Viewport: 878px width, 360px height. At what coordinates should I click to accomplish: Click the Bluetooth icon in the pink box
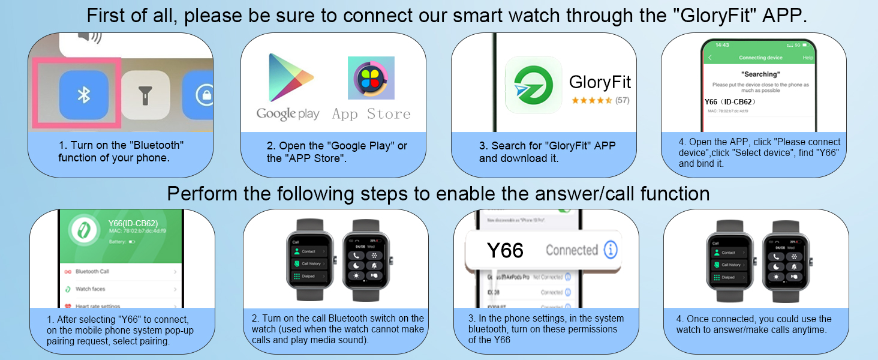click(x=84, y=95)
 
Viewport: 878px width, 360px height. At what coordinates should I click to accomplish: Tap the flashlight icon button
click(x=145, y=95)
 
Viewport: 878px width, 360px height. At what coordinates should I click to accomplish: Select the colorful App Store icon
click(x=371, y=78)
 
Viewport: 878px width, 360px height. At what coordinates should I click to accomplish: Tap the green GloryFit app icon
click(x=533, y=85)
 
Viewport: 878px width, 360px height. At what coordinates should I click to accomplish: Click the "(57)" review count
click(x=623, y=100)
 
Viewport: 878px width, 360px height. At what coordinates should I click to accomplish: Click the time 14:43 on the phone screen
click(x=722, y=46)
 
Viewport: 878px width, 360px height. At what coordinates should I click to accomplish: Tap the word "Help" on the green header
click(x=808, y=58)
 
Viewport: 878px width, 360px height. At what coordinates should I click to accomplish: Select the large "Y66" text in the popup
click(x=505, y=250)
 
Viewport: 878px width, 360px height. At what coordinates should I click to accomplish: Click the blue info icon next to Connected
click(x=610, y=250)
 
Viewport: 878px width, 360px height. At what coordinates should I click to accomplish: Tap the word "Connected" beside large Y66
click(x=572, y=250)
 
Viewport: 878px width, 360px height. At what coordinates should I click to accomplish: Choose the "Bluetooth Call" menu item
click(x=92, y=272)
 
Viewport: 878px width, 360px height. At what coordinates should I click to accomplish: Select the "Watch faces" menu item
click(x=91, y=289)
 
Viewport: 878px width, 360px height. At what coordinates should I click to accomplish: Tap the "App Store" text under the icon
click(x=371, y=114)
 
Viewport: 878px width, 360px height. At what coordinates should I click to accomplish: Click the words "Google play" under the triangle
click(x=288, y=114)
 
